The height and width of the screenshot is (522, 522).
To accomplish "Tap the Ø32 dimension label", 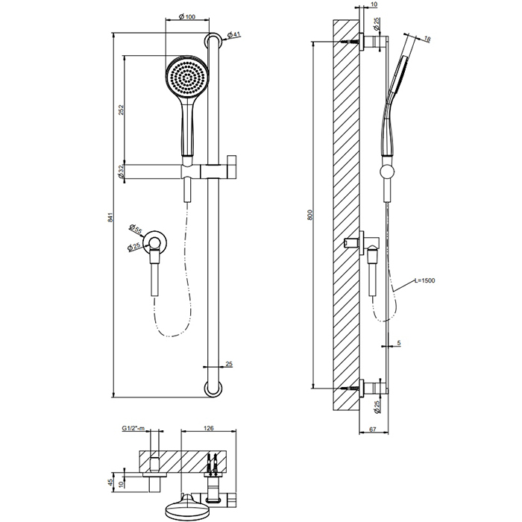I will coord(122,172).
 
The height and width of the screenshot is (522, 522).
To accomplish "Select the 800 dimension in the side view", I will coord(310,214).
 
